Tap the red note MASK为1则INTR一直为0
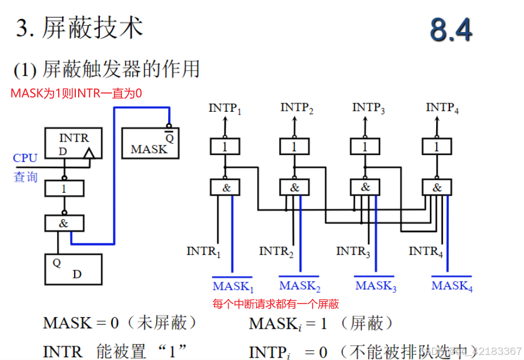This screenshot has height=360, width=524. click(x=76, y=93)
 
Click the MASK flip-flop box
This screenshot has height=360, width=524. click(x=150, y=143)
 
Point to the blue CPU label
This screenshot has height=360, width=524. click(x=25, y=158)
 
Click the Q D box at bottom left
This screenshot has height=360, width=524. click(x=73, y=269)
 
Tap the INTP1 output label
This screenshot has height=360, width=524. click(x=225, y=108)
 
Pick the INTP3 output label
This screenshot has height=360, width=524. click(x=368, y=108)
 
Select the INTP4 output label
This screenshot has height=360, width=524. click(x=442, y=108)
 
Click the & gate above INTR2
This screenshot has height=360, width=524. click(x=294, y=187)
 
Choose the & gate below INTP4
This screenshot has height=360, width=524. click(x=437, y=187)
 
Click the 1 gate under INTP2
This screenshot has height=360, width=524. click(x=294, y=147)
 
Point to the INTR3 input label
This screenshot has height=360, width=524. click(x=354, y=251)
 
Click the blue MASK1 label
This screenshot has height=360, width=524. click(x=233, y=286)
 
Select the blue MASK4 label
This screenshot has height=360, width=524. click(x=452, y=286)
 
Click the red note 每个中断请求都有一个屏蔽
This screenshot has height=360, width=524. click(x=275, y=304)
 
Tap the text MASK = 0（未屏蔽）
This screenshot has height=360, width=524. click(x=120, y=323)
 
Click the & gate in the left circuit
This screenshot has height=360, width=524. click(x=64, y=223)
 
